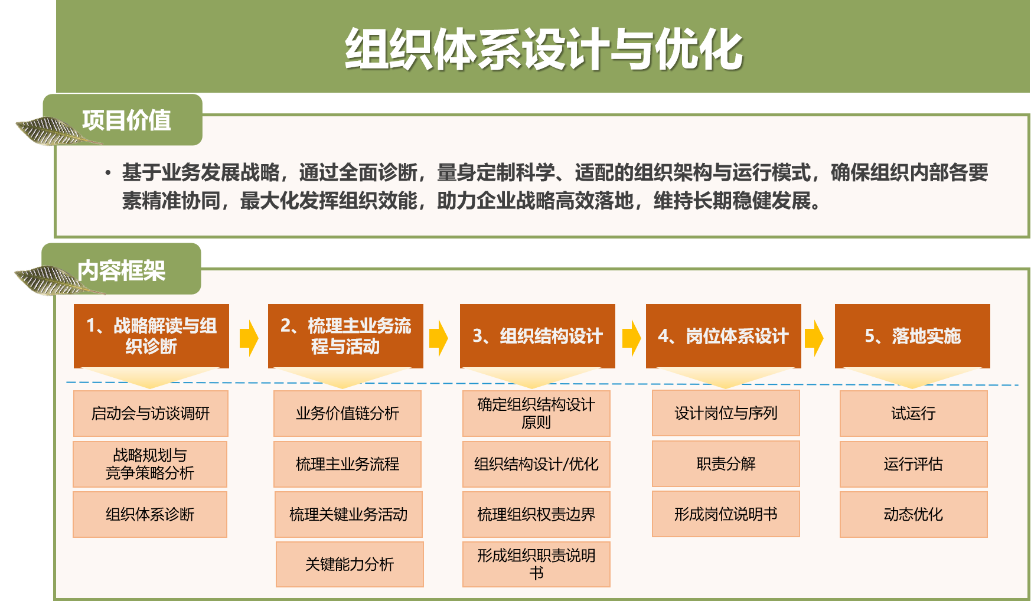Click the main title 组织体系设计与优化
point(543,50)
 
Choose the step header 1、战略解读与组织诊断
point(151,336)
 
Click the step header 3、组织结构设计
point(537,336)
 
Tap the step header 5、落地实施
point(912,336)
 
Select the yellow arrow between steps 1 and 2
point(249,338)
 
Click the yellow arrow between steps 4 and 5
point(814,338)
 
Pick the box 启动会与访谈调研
point(151,413)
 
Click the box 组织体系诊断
point(150,514)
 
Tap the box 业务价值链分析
point(348,413)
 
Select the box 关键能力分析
point(350,564)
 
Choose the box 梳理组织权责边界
point(536,514)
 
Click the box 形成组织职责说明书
point(536,564)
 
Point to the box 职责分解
point(726,463)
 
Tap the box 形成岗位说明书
point(726,514)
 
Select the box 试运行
point(913,413)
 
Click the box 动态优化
point(913,514)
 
